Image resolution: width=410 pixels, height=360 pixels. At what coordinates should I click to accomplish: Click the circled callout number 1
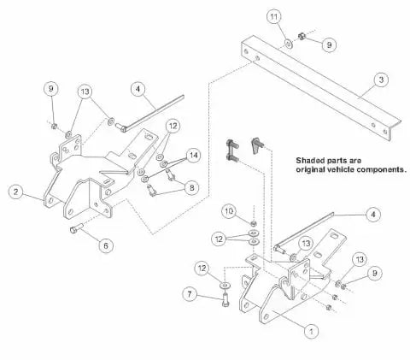(312, 331)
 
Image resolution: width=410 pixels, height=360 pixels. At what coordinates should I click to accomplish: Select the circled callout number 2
(16, 192)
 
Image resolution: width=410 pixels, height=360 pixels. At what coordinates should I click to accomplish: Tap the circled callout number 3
(381, 80)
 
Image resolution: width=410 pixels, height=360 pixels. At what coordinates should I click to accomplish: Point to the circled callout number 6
(106, 245)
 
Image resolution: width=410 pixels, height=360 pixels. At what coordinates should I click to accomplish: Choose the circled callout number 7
(190, 294)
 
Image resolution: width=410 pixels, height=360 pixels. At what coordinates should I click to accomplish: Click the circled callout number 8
(192, 187)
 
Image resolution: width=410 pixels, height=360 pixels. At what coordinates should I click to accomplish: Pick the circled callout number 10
(230, 211)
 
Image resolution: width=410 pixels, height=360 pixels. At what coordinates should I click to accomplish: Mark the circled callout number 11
(274, 17)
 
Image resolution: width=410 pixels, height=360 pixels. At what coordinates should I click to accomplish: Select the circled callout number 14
(194, 156)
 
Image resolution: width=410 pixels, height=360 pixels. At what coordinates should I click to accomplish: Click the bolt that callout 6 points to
(76, 228)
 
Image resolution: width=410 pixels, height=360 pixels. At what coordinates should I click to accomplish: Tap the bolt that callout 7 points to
(225, 299)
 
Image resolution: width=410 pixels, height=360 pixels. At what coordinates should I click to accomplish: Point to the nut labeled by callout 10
(254, 223)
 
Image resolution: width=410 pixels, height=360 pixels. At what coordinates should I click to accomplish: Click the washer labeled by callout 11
(289, 44)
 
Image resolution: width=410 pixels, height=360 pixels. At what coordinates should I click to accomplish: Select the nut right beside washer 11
(302, 36)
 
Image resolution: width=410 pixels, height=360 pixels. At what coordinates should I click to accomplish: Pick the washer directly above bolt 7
(225, 285)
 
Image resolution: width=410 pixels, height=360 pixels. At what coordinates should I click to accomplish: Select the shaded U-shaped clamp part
(231, 150)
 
